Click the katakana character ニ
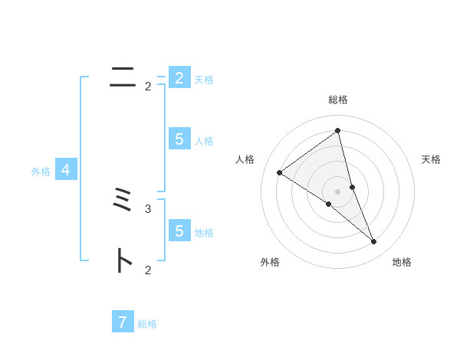[123, 77]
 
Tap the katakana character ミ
[123, 203]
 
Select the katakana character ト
[123, 260]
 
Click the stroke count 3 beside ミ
[148, 208]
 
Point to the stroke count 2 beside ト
[148, 270]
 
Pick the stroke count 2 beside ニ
[148, 87]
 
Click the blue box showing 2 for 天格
[179, 78]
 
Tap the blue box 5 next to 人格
[179, 139]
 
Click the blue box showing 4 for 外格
[67, 170]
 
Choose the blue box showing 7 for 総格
[123, 322]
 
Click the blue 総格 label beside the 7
[147, 324]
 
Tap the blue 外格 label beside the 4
[41, 172]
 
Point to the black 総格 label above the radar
[338, 100]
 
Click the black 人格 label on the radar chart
[245, 159]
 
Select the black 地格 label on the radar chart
[402, 262]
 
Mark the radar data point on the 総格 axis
[338, 131]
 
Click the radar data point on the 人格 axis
[280, 172]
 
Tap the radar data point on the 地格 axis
[374, 242]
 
